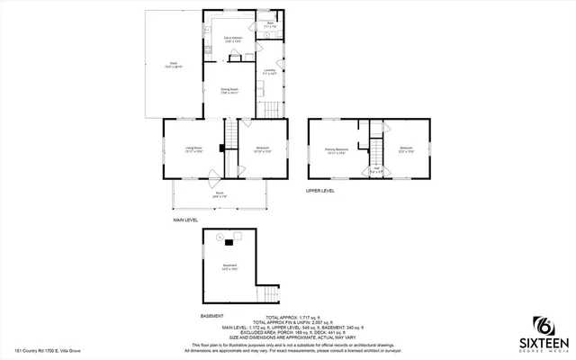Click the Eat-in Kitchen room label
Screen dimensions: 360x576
tap(234, 40)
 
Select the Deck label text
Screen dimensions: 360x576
tap(172, 65)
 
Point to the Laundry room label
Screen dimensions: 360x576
tap(270, 71)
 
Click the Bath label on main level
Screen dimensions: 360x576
tap(268, 27)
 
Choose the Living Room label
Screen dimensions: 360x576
tap(193, 149)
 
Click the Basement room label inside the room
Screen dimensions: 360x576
tap(230, 267)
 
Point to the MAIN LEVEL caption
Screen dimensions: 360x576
tap(186, 220)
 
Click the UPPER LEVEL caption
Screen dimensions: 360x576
tap(319, 191)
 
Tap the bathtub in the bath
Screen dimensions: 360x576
tap(273, 18)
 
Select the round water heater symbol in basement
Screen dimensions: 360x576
tap(219, 237)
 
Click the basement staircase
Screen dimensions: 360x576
tap(269, 295)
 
